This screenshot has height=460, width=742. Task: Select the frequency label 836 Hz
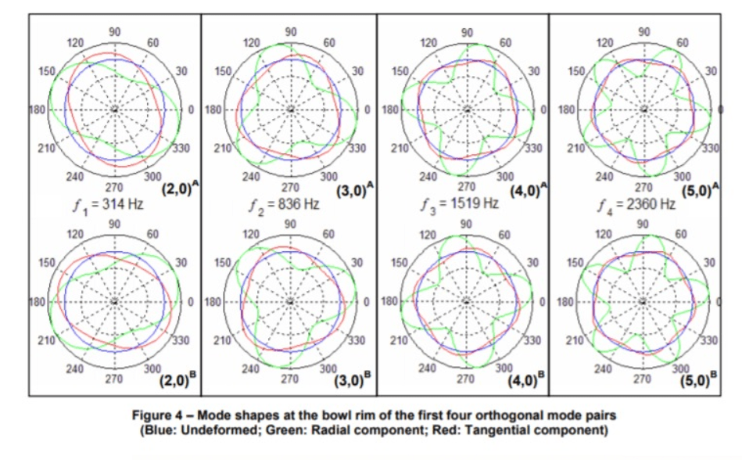tap(299, 204)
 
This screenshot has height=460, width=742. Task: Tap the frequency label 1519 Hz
tap(475, 203)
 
